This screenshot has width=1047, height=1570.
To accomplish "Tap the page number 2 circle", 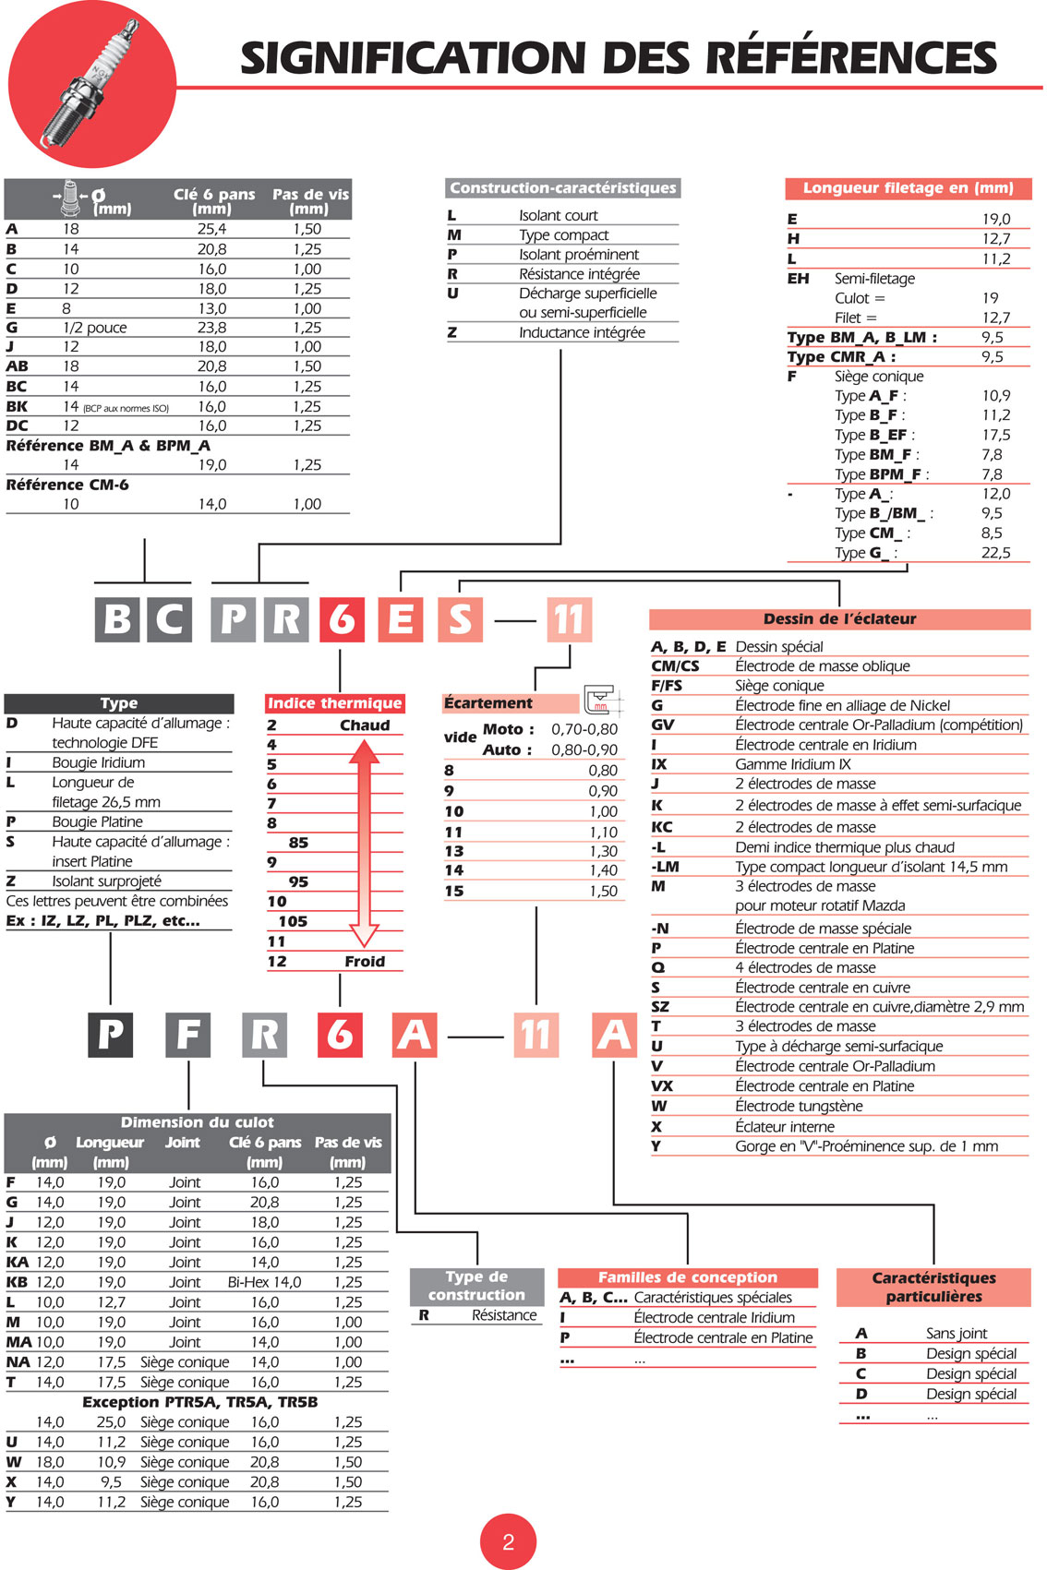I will pos(508,1540).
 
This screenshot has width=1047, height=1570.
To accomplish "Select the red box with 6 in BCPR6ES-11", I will pos(341,618).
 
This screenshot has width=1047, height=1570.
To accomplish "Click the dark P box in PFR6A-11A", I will pos(111,1034).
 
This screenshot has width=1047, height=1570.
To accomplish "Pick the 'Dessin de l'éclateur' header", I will pos(839,619).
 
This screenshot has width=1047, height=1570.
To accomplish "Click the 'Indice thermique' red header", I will pos(334,703).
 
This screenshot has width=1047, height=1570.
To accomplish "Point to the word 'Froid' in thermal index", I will pos(365,962).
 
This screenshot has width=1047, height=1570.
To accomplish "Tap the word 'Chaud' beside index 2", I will pos(365,725).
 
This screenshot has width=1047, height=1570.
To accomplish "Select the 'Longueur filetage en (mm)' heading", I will pos(908,188).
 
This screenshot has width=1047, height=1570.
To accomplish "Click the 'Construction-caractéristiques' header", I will pos(562,188).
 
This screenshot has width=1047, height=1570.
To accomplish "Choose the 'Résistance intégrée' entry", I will pos(579,274).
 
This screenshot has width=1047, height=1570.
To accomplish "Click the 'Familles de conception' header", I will pos(688,1277).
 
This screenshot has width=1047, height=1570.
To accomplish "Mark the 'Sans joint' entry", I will pos(957,1334).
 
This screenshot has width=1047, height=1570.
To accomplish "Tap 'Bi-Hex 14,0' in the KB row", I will pos(264,1282).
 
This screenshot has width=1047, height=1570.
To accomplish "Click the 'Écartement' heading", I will pos(487,703).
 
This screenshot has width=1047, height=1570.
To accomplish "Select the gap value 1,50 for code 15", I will pos(603,892).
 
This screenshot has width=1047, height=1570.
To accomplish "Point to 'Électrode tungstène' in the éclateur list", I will pos(799,1107).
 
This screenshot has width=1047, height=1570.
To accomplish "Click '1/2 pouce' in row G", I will pos(95,328).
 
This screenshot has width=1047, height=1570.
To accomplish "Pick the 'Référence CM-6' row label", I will pos(67,485).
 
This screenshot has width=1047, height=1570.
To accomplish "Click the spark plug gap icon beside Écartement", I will pos(600,701).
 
